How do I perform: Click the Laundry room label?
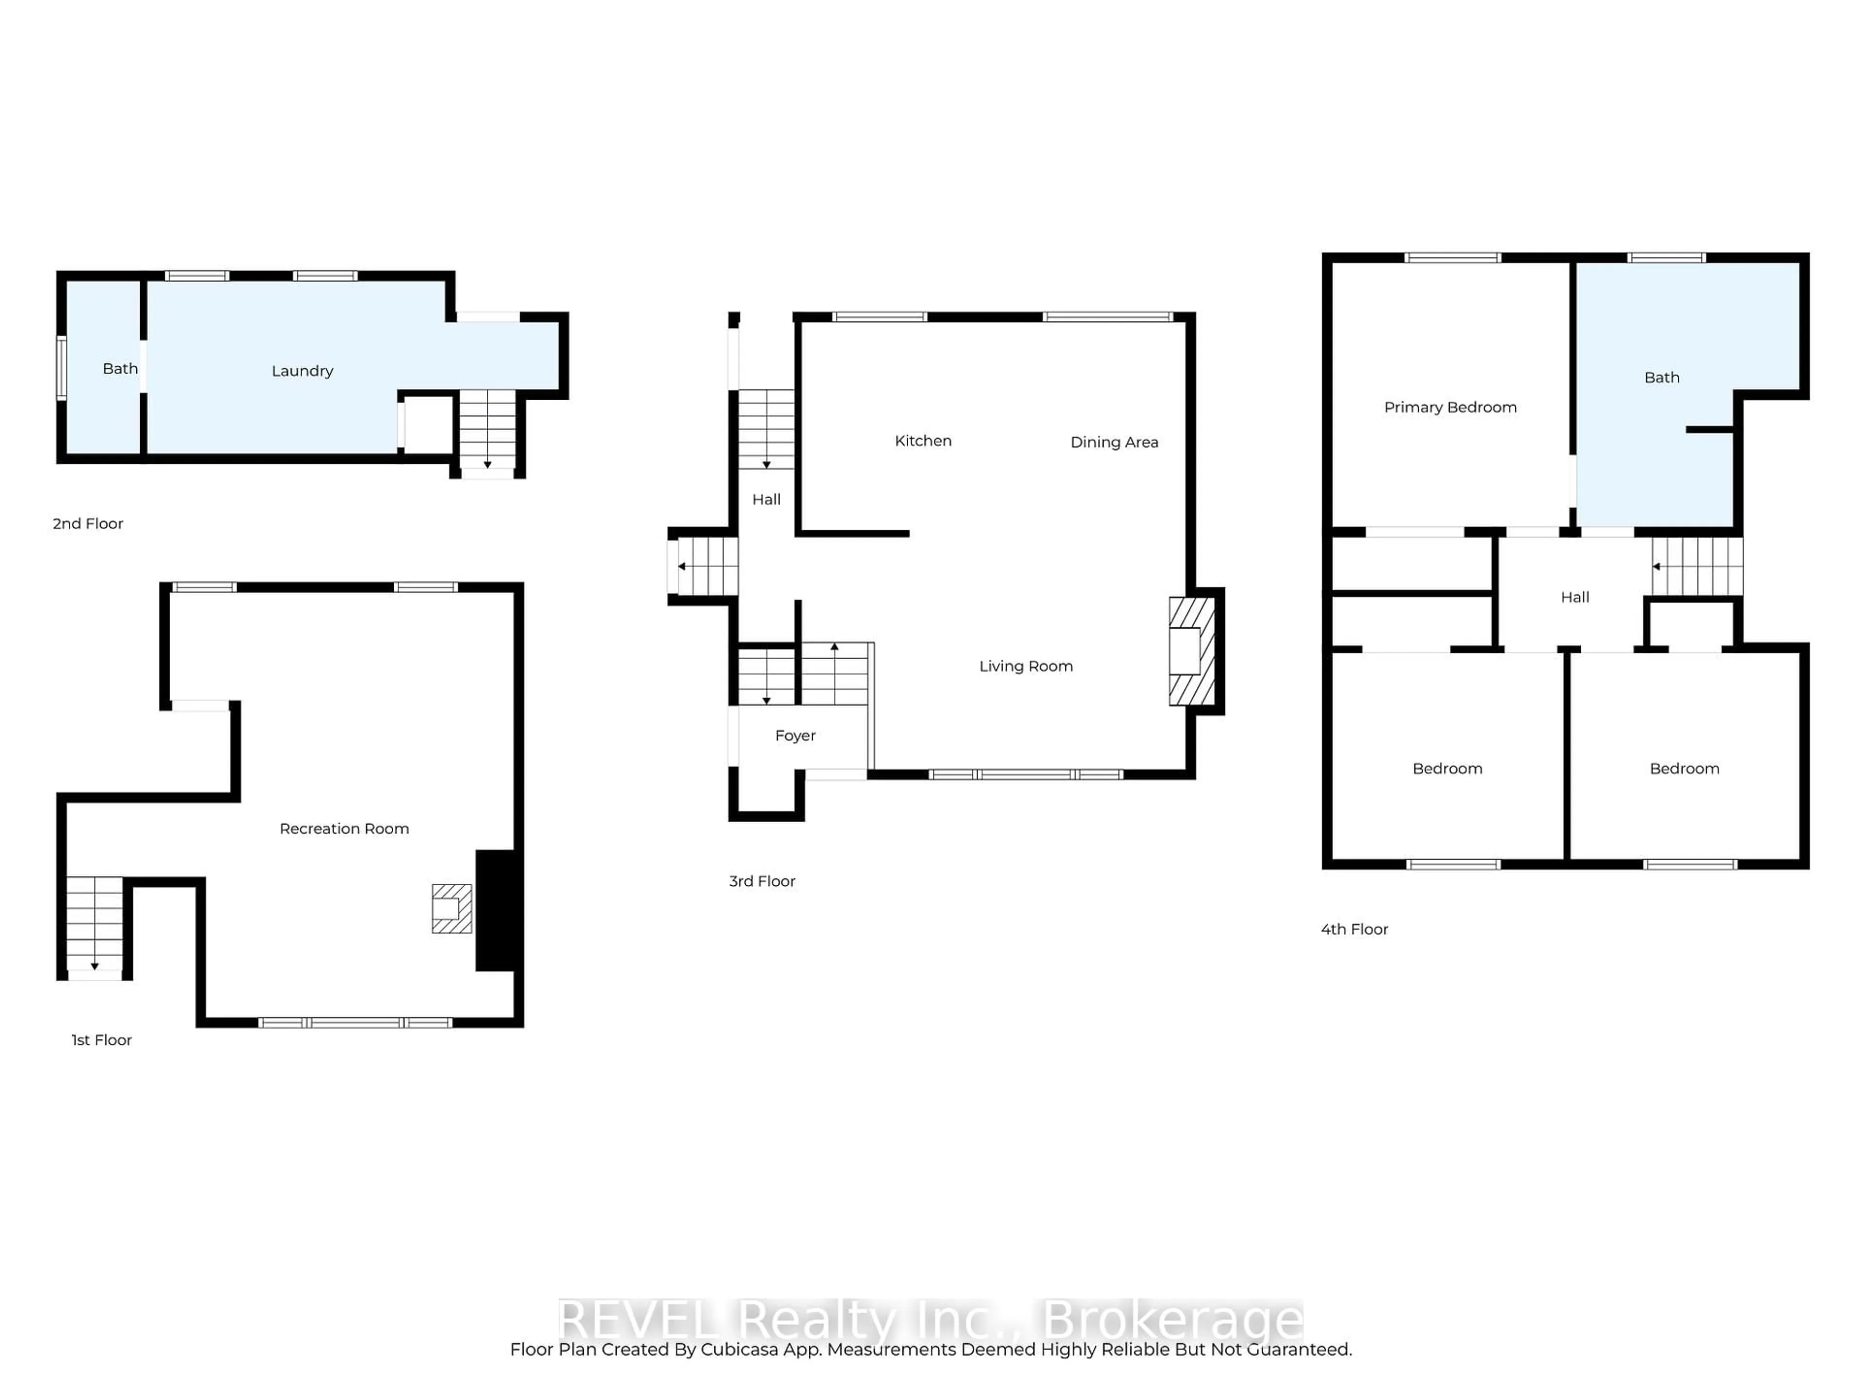[302, 372]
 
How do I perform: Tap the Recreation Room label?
[344, 828]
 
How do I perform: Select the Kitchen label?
[923, 441]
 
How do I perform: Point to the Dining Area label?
[1114, 442]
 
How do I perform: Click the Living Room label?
[1025, 666]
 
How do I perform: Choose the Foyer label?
[795, 736]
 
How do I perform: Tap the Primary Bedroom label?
[1449, 407]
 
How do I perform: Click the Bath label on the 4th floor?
[1662, 378]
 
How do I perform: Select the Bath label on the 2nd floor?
[120, 369]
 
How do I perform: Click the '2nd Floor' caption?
[88, 524]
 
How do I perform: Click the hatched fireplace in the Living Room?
[1191, 651]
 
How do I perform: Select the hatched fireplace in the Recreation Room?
[451, 909]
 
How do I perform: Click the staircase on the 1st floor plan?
[94, 924]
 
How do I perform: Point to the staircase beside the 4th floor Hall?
[1696, 567]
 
